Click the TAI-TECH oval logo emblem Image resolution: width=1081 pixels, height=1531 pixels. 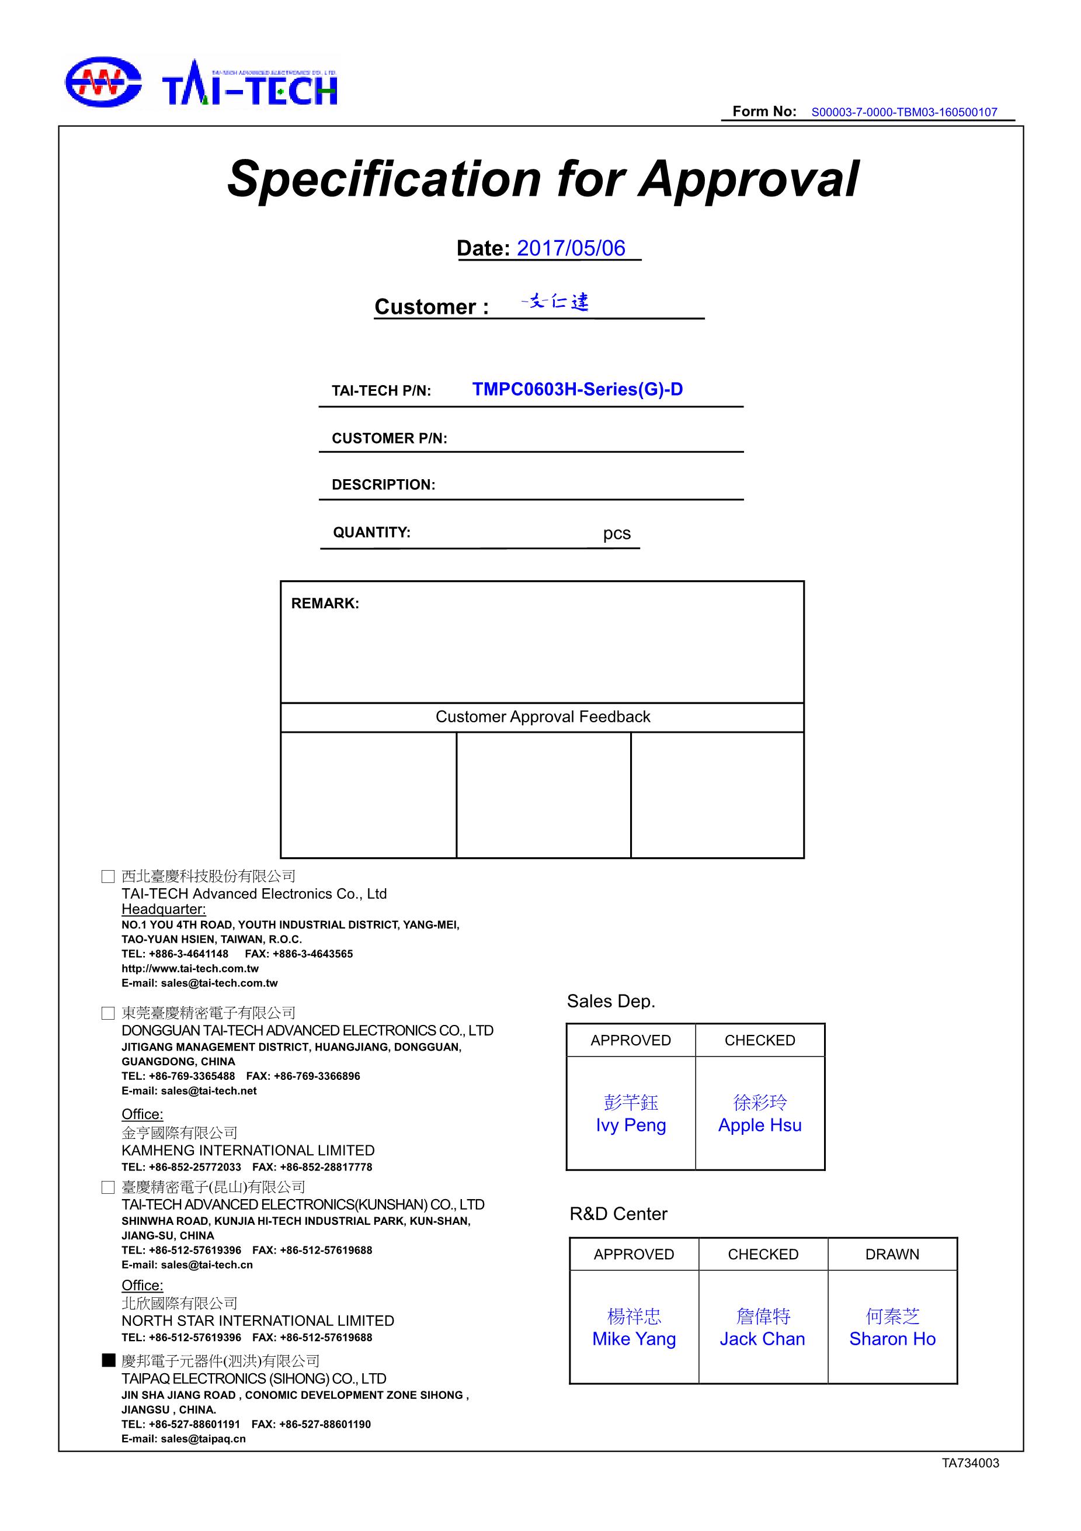click(x=102, y=82)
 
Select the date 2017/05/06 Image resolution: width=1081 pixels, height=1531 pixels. click(x=571, y=248)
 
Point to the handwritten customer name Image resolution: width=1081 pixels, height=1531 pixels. click(x=555, y=303)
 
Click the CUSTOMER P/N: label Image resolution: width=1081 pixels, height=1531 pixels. click(x=389, y=438)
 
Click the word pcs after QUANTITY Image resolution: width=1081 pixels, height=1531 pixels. click(x=617, y=534)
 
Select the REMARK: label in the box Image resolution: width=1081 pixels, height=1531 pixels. click(x=325, y=604)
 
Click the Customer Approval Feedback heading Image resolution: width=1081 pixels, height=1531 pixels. click(x=543, y=717)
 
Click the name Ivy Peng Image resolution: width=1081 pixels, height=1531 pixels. click(x=631, y=1125)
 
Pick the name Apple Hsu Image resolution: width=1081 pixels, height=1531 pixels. click(x=760, y=1125)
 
